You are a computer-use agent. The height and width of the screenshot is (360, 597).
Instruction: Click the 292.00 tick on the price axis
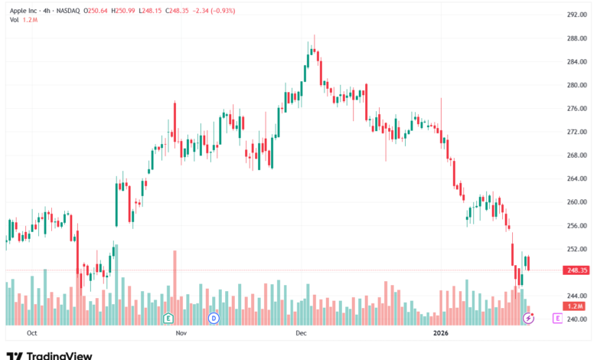(x=576, y=15)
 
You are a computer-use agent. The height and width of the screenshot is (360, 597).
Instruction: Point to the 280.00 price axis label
(x=576, y=85)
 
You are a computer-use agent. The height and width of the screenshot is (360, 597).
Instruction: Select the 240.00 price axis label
(x=576, y=319)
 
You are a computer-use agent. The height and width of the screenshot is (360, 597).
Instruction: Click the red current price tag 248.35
(x=576, y=270)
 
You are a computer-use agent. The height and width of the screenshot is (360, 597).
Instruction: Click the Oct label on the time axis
(x=31, y=334)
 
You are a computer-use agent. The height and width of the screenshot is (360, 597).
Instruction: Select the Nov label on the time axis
(x=181, y=334)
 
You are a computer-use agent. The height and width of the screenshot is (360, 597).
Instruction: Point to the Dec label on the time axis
(x=301, y=334)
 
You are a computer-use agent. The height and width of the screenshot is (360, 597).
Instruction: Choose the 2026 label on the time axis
(x=440, y=334)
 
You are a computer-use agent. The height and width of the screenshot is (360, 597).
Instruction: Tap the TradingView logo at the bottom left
(x=49, y=354)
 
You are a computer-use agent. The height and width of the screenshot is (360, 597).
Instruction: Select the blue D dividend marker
(x=214, y=317)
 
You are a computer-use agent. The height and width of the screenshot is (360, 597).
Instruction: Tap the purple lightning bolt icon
(x=528, y=317)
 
